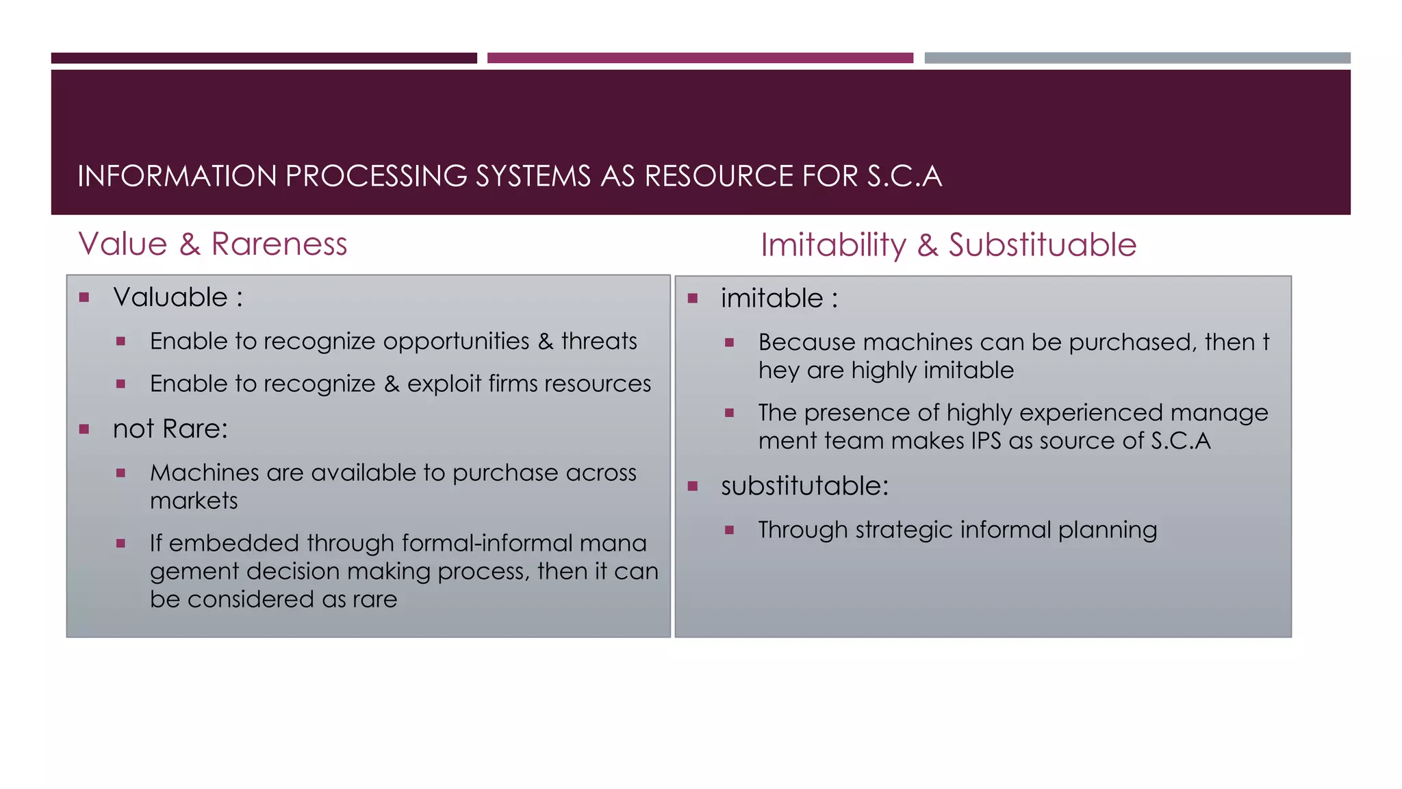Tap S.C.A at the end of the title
pos(904,176)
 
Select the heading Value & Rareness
pos(213,244)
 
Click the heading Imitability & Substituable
pos(948,245)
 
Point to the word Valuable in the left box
pos(170,297)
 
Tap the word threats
pos(599,341)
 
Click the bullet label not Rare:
pos(170,429)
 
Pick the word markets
pos(194,501)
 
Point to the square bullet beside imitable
pos(693,299)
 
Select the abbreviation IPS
pos(986,440)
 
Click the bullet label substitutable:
pos(804,486)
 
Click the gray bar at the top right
pos(1137,58)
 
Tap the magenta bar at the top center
pos(700,58)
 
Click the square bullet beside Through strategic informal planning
pos(730,530)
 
